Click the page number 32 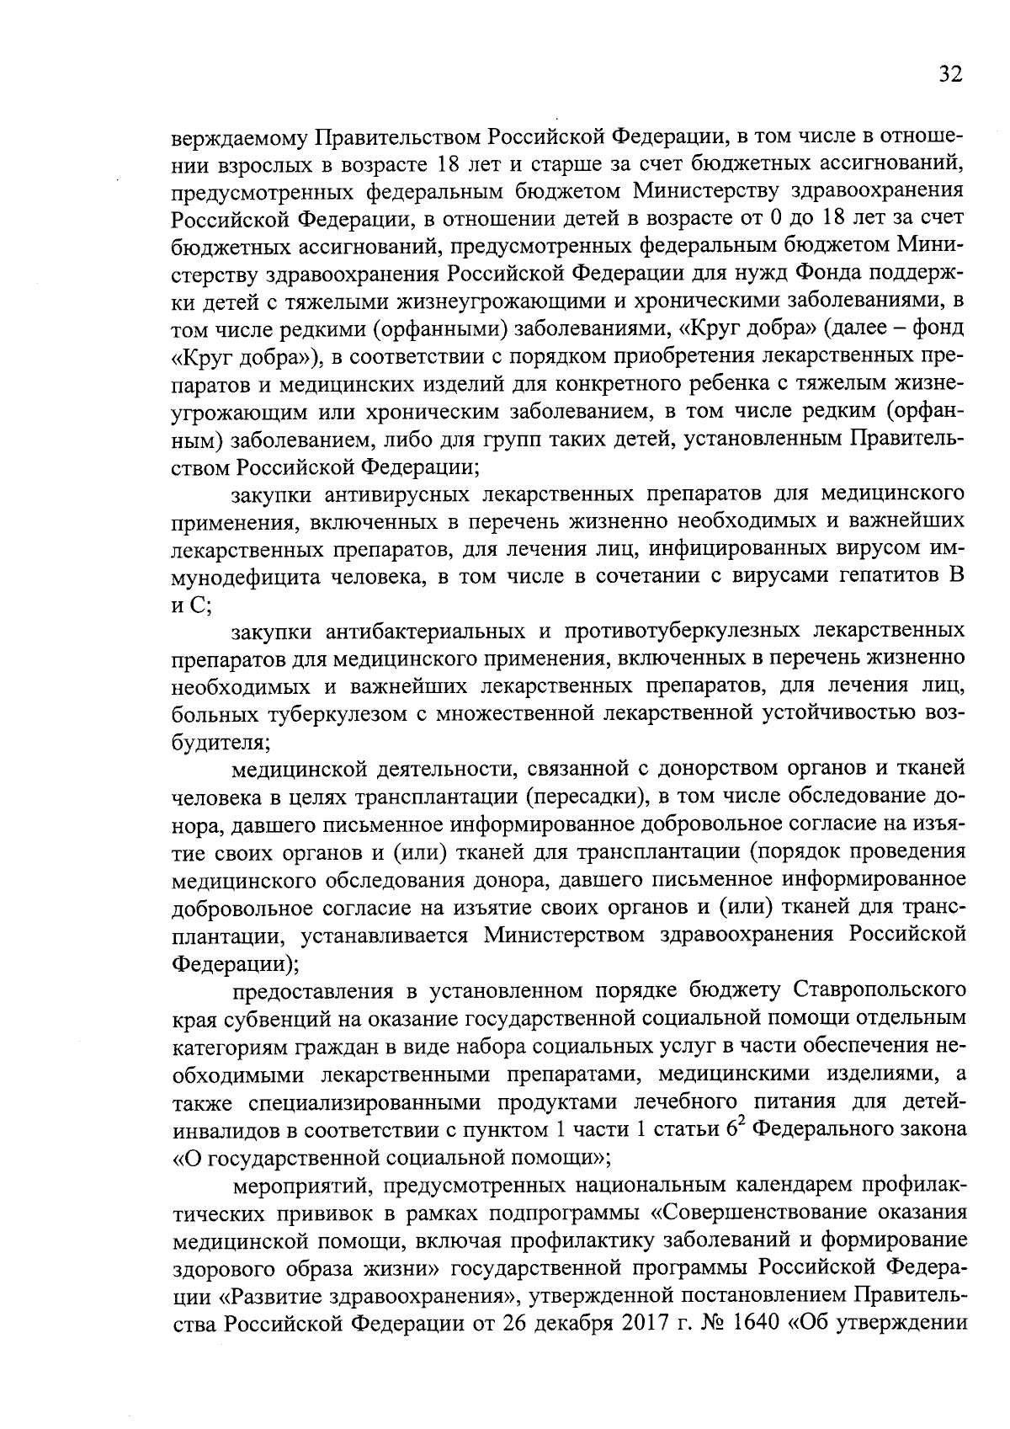click(949, 75)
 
